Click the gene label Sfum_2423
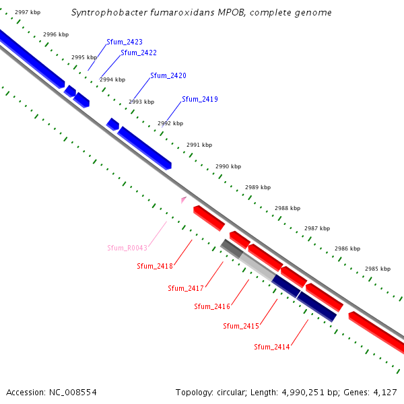(x=125, y=42)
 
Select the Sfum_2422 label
(x=139, y=53)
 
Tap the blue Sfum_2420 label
(x=168, y=75)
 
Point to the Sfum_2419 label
(x=200, y=99)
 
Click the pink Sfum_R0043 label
(x=127, y=248)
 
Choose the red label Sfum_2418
(x=155, y=266)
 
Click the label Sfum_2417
(x=186, y=288)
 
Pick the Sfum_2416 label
(x=212, y=306)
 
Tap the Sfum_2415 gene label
(x=241, y=326)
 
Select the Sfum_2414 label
(x=272, y=347)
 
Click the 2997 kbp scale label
(x=28, y=12)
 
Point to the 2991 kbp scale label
(x=199, y=145)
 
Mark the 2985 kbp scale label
(x=378, y=269)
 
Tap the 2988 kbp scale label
(x=288, y=208)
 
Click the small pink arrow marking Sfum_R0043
(x=183, y=199)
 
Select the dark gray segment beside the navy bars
(x=232, y=248)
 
